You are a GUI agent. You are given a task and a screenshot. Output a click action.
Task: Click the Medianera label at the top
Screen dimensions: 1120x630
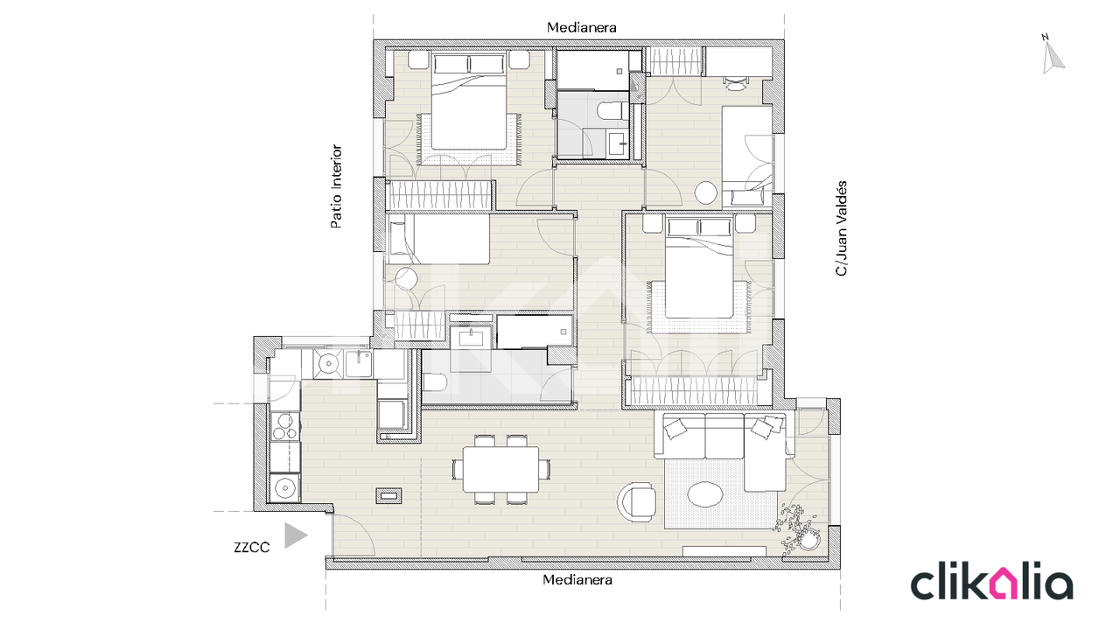tap(581, 27)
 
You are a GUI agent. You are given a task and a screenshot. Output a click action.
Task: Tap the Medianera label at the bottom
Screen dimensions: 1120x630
tap(577, 580)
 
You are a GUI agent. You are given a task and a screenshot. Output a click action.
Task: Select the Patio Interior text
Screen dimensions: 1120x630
tap(337, 186)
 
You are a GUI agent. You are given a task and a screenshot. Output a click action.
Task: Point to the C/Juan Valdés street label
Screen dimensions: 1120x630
tap(842, 228)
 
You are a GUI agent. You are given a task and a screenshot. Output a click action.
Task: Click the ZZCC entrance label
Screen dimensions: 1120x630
tap(251, 548)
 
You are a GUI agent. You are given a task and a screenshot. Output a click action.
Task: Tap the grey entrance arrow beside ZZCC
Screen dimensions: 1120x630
tap(295, 535)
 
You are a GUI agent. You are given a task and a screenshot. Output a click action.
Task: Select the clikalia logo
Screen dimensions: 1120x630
tap(992, 580)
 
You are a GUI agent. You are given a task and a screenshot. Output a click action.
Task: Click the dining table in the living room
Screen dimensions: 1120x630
tap(500, 469)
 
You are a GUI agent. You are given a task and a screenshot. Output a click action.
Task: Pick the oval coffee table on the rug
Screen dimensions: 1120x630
tap(705, 494)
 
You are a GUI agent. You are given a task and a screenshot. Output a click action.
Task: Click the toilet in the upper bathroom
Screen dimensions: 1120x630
tap(610, 110)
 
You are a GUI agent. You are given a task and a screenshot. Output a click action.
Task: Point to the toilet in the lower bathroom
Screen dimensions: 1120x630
tap(435, 383)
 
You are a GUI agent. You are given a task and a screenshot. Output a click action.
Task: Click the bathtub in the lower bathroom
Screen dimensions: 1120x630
tap(535, 332)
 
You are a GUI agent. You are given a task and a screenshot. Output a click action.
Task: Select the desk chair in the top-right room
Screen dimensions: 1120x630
tap(735, 83)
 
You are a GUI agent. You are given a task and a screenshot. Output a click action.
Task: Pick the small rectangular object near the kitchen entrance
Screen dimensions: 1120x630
tap(388, 495)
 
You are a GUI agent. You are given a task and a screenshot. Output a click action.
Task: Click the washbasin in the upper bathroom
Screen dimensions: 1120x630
tap(618, 143)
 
